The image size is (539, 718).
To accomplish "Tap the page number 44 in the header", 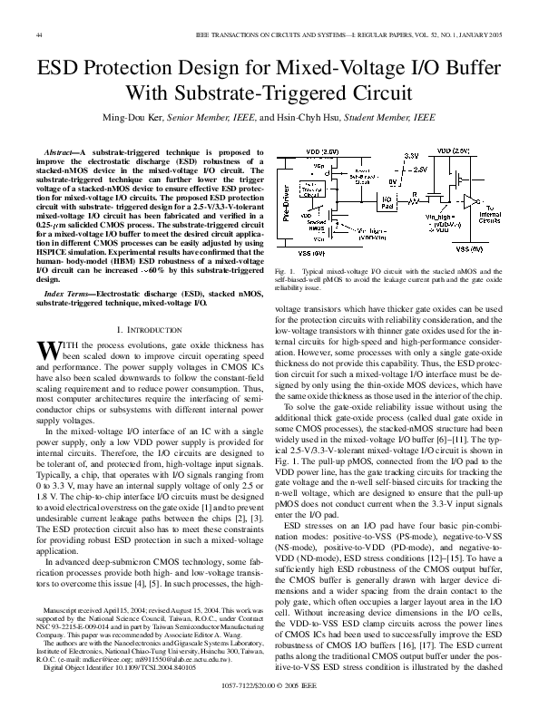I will [39, 34].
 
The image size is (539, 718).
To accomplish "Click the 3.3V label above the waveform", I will [410, 156].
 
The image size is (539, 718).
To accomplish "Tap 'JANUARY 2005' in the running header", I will [476, 34].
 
